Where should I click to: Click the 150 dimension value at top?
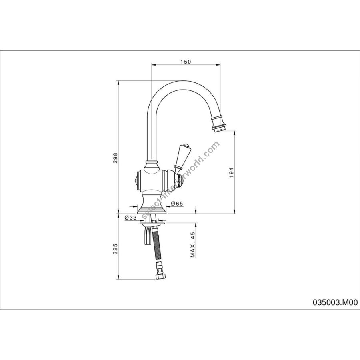pos(186,62)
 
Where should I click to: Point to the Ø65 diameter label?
pos(177,203)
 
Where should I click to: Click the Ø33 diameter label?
pos(131,218)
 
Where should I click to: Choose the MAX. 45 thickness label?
pos(192,244)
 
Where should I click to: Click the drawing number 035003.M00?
pos(335,303)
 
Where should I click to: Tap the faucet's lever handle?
pos(181,159)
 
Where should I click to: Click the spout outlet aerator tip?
pos(219,130)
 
